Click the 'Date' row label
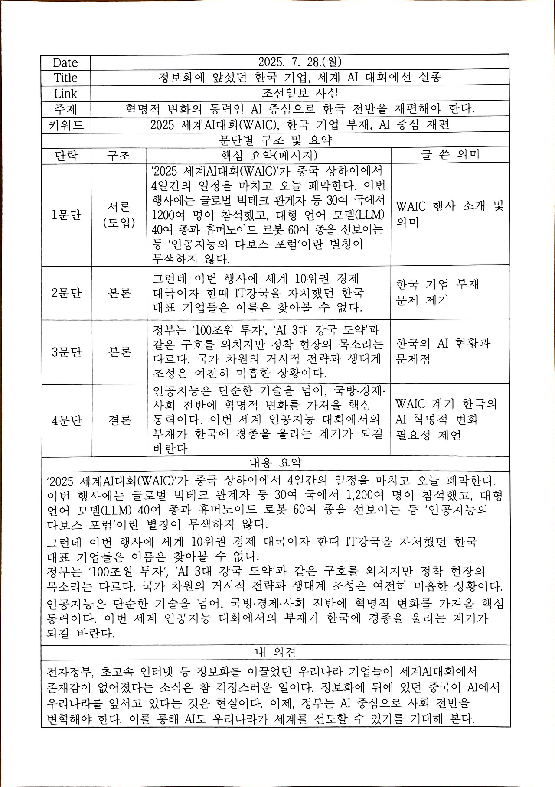tap(65, 62)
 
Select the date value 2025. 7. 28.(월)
tap(300, 62)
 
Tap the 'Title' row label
tap(65, 78)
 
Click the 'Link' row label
tap(65, 94)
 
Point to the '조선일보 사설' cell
tap(300, 93)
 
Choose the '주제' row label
tap(65, 109)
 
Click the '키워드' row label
tap(65, 125)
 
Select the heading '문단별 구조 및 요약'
tap(275, 140)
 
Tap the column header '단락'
tap(66, 155)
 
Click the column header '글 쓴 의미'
tap(450, 155)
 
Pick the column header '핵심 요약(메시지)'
tap(269, 155)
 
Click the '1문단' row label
tap(66, 215)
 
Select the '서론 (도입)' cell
tap(119, 215)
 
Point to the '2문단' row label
tap(66, 293)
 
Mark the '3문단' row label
tap(66, 352)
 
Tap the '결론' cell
tap(119, 420)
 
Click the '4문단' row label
tap(66, 420)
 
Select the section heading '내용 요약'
tap(275, 463)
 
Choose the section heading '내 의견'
tap(275, 652)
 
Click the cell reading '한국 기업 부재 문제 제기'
tap(437, 292)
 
